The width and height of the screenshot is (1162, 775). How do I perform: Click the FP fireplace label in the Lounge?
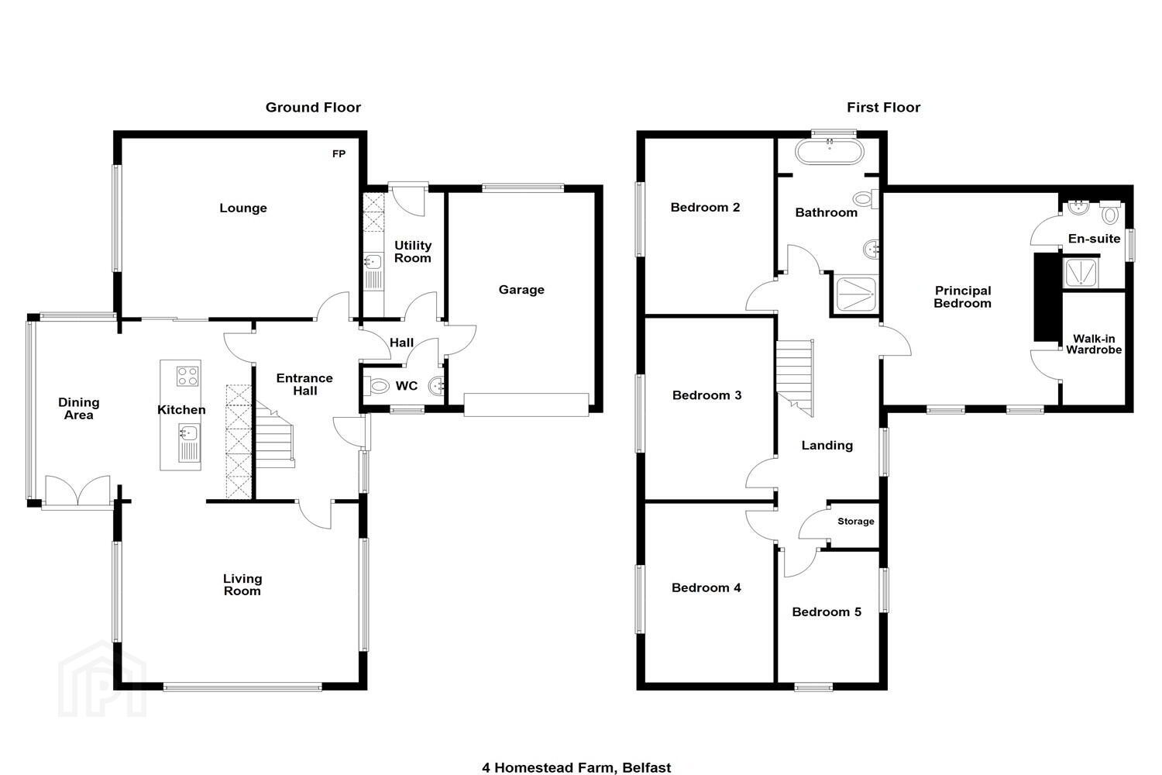click(339, 153)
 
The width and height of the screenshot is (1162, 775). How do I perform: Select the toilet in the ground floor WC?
click(377, 386)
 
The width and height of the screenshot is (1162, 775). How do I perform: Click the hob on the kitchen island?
click(187, 377)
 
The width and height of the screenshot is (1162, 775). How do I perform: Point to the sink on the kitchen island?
click(189, 443)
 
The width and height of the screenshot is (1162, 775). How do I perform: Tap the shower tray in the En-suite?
click(1081, 273)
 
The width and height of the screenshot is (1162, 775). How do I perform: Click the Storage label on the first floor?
click(855, 521)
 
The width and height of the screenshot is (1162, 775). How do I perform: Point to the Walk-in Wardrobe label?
click(1094, 344)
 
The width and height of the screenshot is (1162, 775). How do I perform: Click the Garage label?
click(521, 290)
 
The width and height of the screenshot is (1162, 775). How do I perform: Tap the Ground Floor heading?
click(313, 108)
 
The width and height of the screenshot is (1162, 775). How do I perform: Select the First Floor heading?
click(883, 108)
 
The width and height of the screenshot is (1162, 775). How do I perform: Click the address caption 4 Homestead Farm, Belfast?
click(576, 767)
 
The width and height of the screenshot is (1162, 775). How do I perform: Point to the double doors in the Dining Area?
click(77, 490)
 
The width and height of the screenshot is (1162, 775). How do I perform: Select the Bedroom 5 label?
click(827, 612)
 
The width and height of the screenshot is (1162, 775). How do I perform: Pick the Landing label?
click(827, 446)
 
